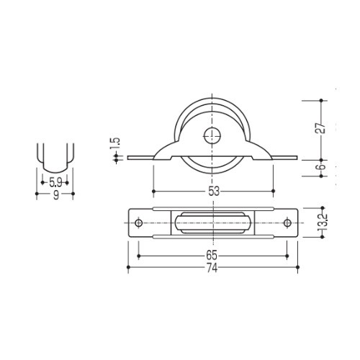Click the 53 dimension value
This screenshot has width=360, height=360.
tap(214, 192)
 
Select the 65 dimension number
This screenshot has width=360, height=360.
tap(212, 256)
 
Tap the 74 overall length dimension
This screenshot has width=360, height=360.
tap(212, 268)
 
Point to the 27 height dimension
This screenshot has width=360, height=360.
tap(321, 128)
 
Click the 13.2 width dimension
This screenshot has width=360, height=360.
tap(323, 222)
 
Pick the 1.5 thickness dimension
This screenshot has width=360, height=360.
tap(117, 143)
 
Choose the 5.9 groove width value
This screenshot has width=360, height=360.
tap(55, 183)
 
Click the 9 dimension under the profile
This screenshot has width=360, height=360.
tap(56, 195)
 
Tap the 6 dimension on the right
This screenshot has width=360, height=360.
tap(322, 167)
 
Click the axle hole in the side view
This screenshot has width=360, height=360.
tap(212, 135)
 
